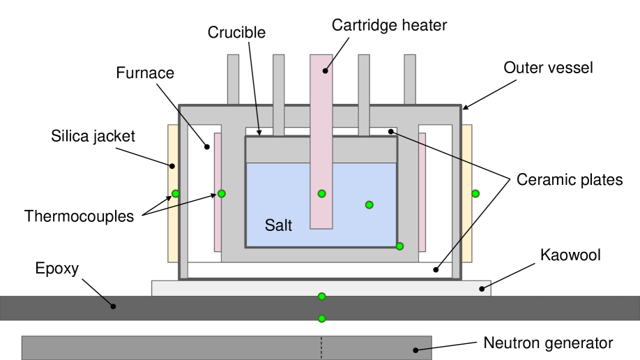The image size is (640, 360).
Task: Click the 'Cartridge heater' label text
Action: pyautogui.click(x=389, y=26)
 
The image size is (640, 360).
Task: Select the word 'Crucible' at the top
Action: pyautogui.click(x=237, y=32)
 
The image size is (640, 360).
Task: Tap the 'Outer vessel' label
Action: pyautogui.click(x=548, y=68)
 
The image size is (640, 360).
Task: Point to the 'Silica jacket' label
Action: pyautogui.click(x=93, y=136)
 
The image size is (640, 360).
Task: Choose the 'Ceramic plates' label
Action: pyautogui.click(x=569, y=180)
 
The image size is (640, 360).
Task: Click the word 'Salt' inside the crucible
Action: pyautogui.click(x=278, y=225)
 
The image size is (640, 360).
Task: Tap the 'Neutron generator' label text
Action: pyautogui.click(x=548, y=343)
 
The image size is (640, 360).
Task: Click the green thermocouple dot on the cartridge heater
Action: pyautogui.click(x=322, y=193)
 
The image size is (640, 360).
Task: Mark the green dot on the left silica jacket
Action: pyautogui.click(x=176, y=193)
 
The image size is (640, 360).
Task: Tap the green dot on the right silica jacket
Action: pyautogui.click(x=475, y=193)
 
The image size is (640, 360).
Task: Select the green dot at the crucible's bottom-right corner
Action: pyautogui.click(x=399, y=246)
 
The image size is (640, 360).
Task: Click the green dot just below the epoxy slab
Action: pyautogui.click(x=322, y=319)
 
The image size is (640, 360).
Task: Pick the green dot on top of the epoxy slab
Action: pyautogui.click(x=322, y=297)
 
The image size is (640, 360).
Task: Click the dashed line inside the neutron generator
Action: pyautogui.click(x=321, y=347)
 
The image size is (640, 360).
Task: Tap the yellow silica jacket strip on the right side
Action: pyautogui.click(x=467, y=160)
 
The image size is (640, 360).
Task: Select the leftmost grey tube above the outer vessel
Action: pyautogui.click(x=233, y=79)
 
